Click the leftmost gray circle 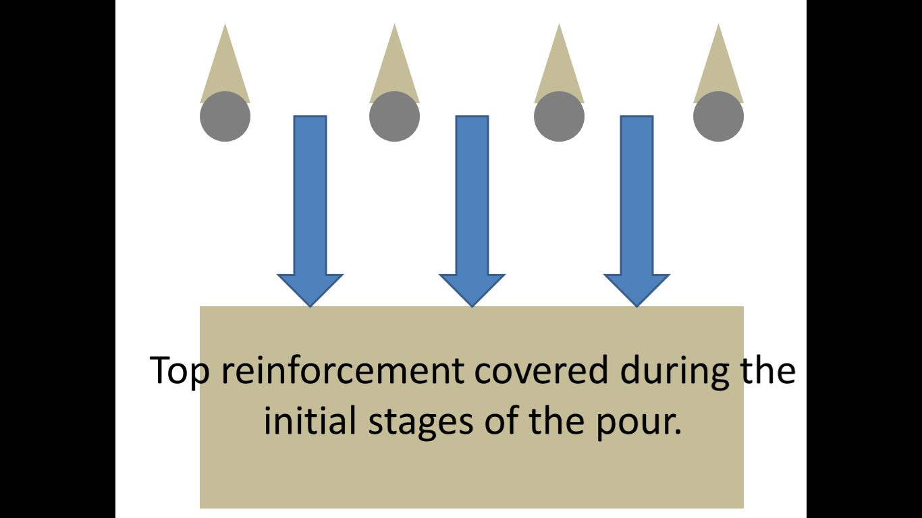pos(225,117)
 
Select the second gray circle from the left pos(394,117)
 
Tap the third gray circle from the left pos(559,117)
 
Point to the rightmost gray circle pos(718,117)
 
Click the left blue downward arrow pos(310,202)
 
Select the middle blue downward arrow pos(472,202)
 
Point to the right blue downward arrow pos(636,202)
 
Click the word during pos(676,371)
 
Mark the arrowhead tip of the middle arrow pos(472,305)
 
